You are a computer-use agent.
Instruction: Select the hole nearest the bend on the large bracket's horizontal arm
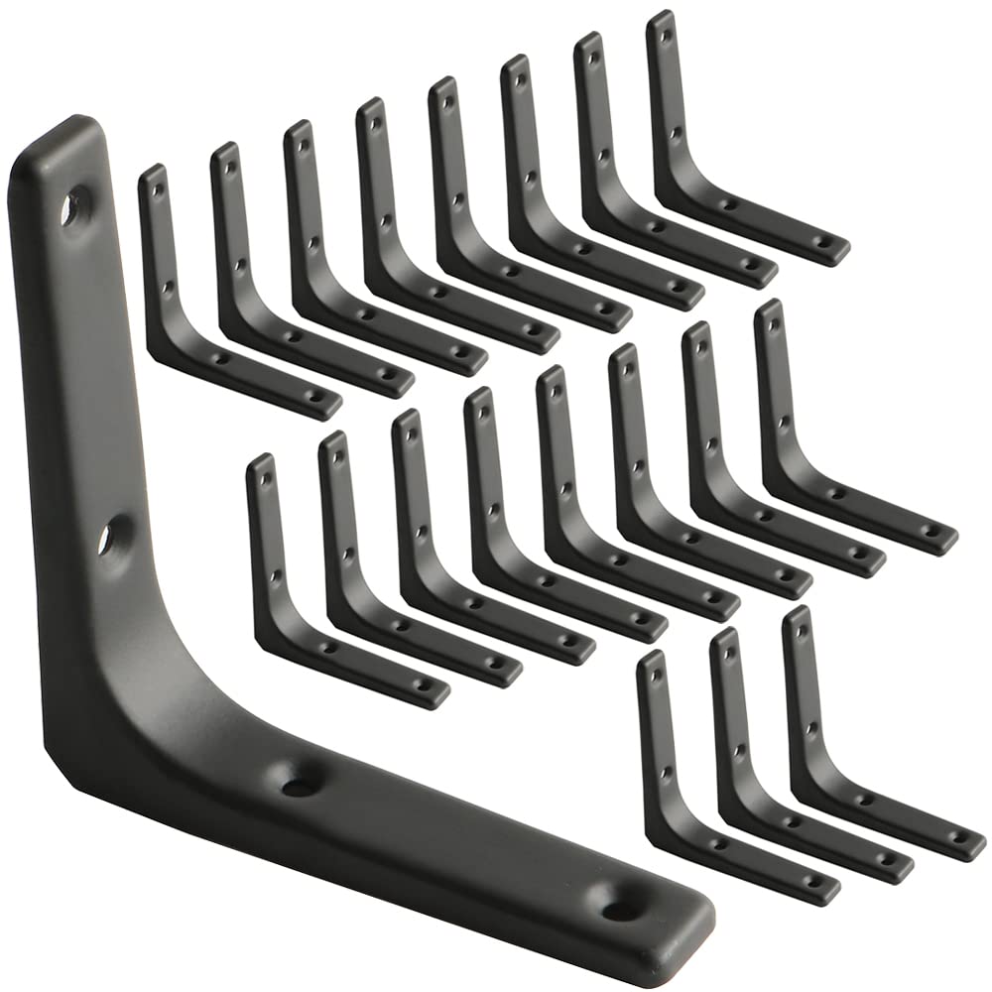296,788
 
